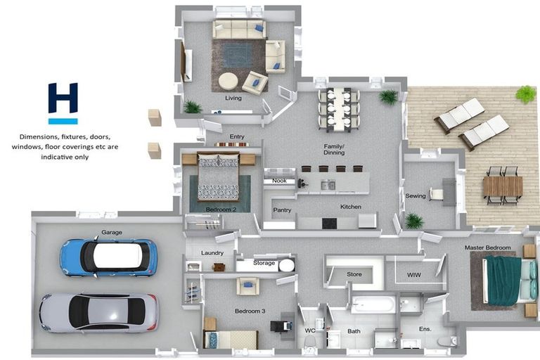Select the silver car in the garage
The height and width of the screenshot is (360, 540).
coord(99,313)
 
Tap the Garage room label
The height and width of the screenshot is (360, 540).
coord(112,233)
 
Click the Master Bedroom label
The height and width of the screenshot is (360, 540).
coord(487,247)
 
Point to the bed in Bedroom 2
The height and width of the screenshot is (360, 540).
coord(218,176)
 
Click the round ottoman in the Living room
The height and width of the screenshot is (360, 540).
coord(228,82)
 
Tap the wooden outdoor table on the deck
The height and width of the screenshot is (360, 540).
coord(503,186)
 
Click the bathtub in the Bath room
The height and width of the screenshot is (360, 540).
coord(373,305)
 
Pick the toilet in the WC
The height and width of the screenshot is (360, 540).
coord(310,343)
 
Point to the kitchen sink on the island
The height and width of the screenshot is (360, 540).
coord(328,185)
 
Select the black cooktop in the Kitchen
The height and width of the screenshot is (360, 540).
coord(329,224)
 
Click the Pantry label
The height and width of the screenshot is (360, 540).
coord(282,210)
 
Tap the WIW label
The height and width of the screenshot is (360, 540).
coord(413,275)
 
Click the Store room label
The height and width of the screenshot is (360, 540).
coord(354,274)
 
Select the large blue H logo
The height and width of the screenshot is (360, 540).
coord(63,98)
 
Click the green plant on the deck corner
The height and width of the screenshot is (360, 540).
coord(526,94)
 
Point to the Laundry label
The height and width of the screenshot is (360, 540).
coord(212,253)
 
